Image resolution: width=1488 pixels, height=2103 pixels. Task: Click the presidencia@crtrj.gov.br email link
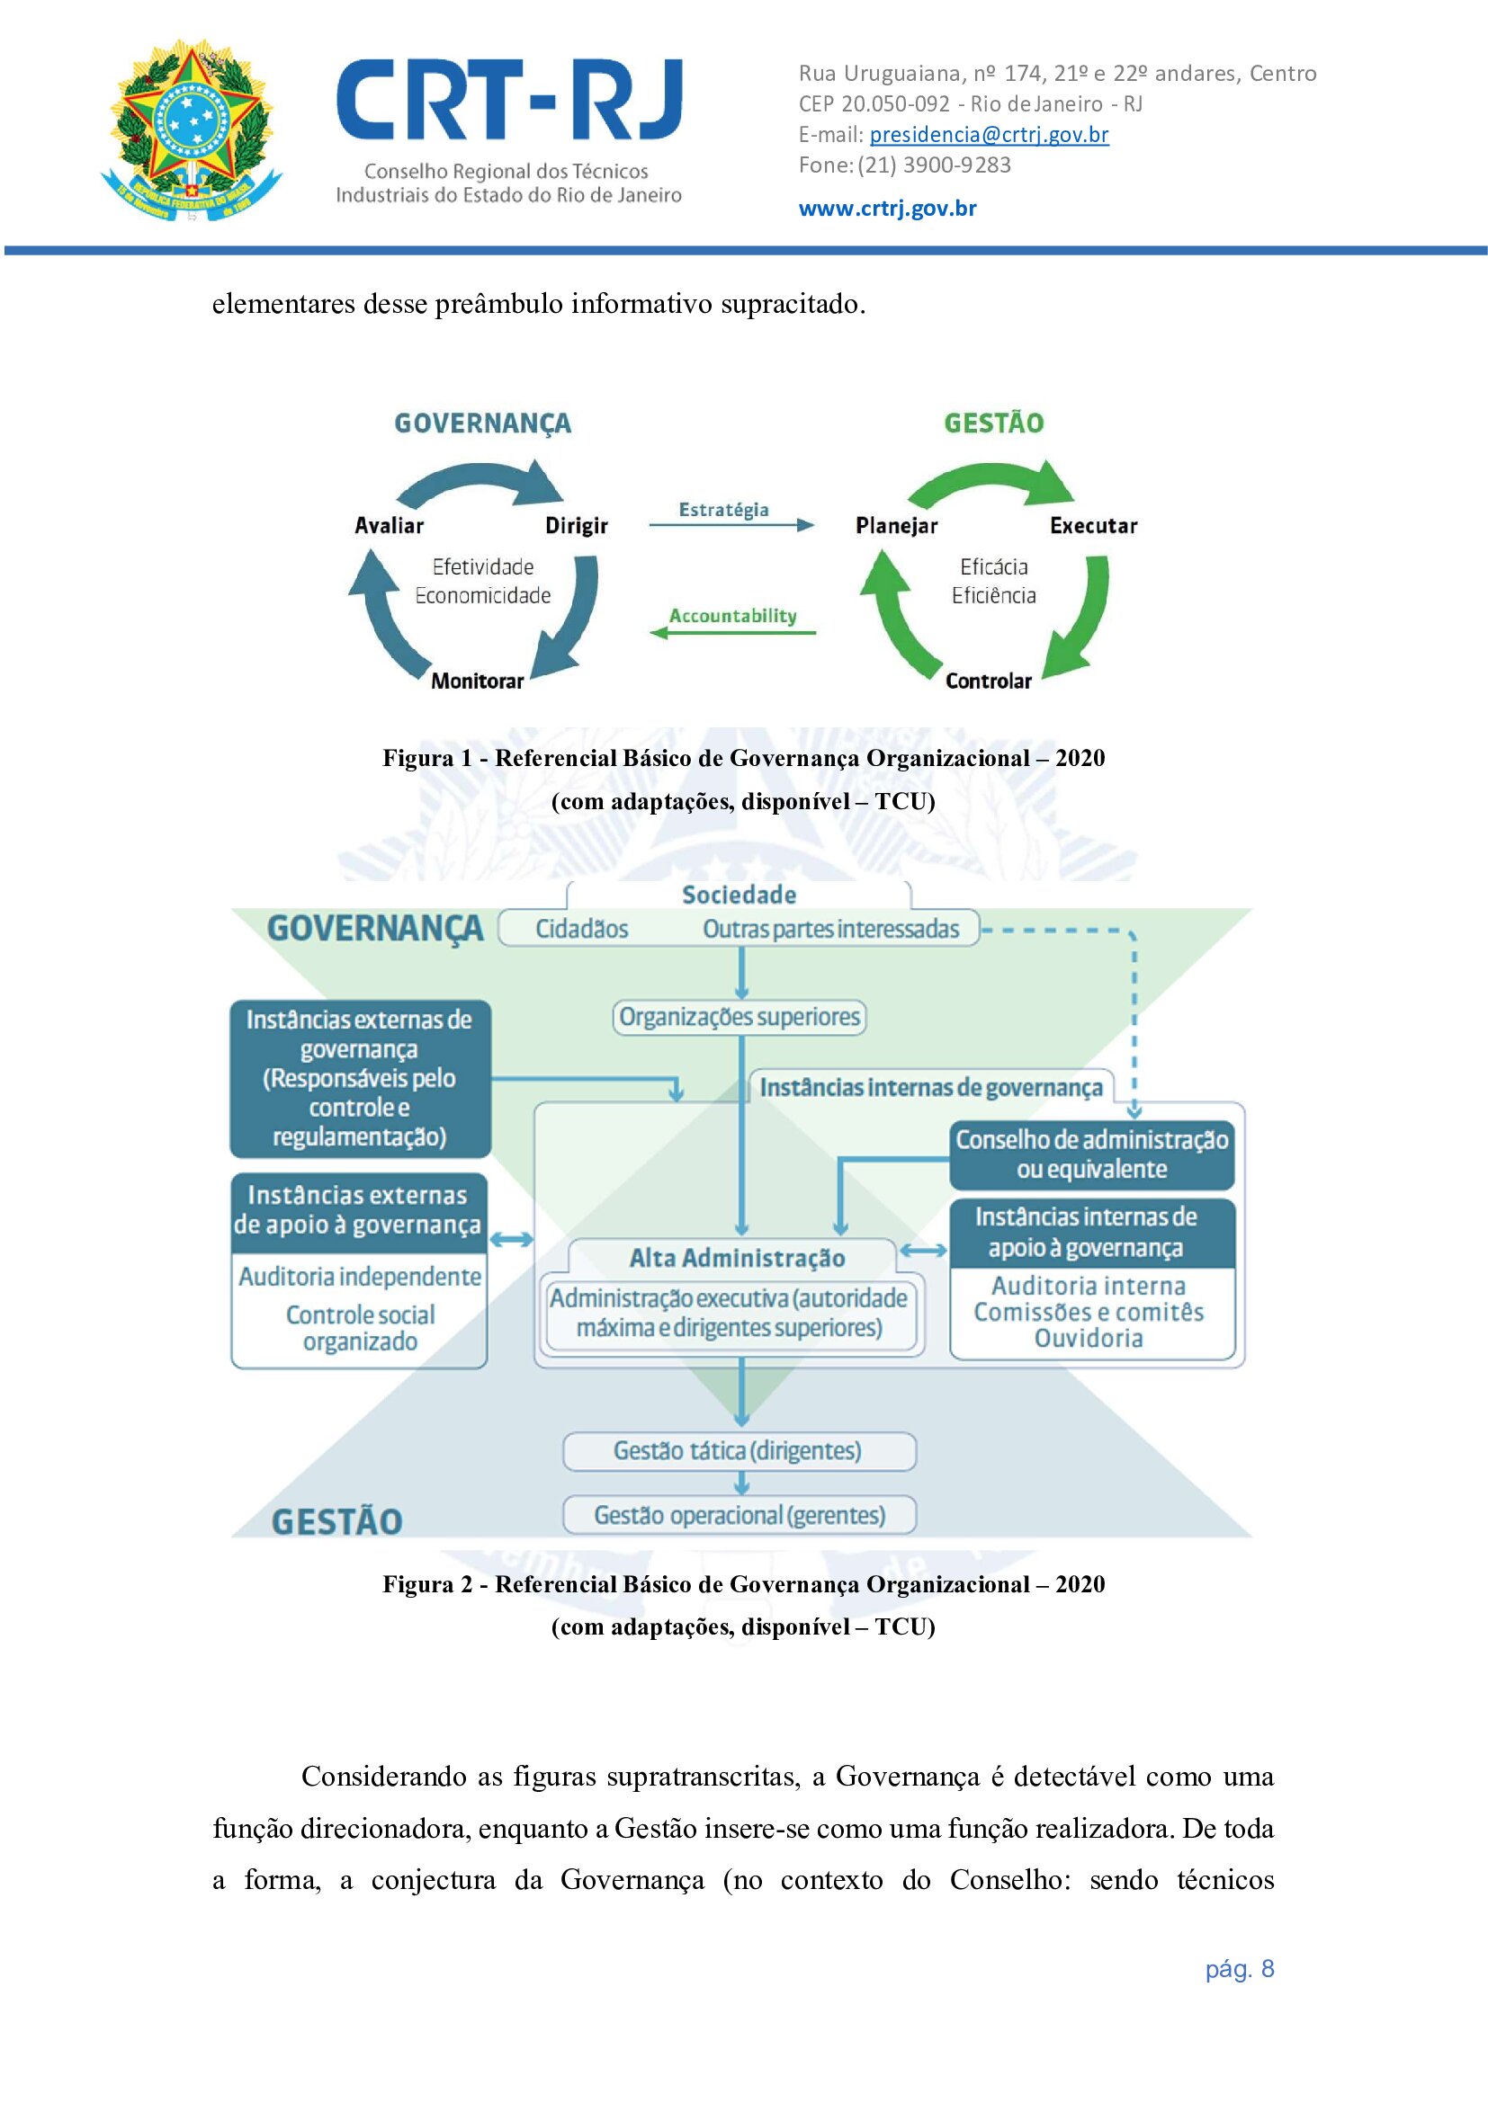coord(989,135)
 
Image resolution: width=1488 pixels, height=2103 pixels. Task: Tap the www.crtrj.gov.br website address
coord(887,208)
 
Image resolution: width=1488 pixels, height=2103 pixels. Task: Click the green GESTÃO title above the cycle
coord(993,423)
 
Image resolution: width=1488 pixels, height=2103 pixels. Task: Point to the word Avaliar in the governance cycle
coord(390,526)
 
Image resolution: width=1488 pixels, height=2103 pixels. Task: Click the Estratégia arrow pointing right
coord(731,525)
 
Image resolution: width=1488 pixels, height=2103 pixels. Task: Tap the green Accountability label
coord(732,616)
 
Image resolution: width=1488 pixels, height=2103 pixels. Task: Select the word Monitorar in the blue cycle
coord(478,681)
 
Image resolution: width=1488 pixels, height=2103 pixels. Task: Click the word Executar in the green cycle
coord(1093,526)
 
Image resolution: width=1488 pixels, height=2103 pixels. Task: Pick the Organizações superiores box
coord(740,1017)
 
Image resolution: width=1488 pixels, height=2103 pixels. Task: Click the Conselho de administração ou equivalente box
coord(1091,1154)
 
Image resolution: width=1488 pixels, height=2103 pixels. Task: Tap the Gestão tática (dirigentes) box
coord(739,1451)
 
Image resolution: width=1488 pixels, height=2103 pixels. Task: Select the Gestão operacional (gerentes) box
coord(740,1515)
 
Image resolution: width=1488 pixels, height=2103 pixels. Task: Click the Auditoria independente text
coord(360,1276)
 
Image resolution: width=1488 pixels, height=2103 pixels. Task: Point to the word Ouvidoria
coord(1089,1338)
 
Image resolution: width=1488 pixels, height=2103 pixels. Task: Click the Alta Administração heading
coord(737,1258)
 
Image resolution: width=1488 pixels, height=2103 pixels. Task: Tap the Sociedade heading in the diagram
coord(739,895)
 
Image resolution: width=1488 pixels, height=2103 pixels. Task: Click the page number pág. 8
coord(1239,1968)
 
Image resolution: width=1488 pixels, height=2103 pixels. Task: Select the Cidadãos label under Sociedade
coord(582,929)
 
